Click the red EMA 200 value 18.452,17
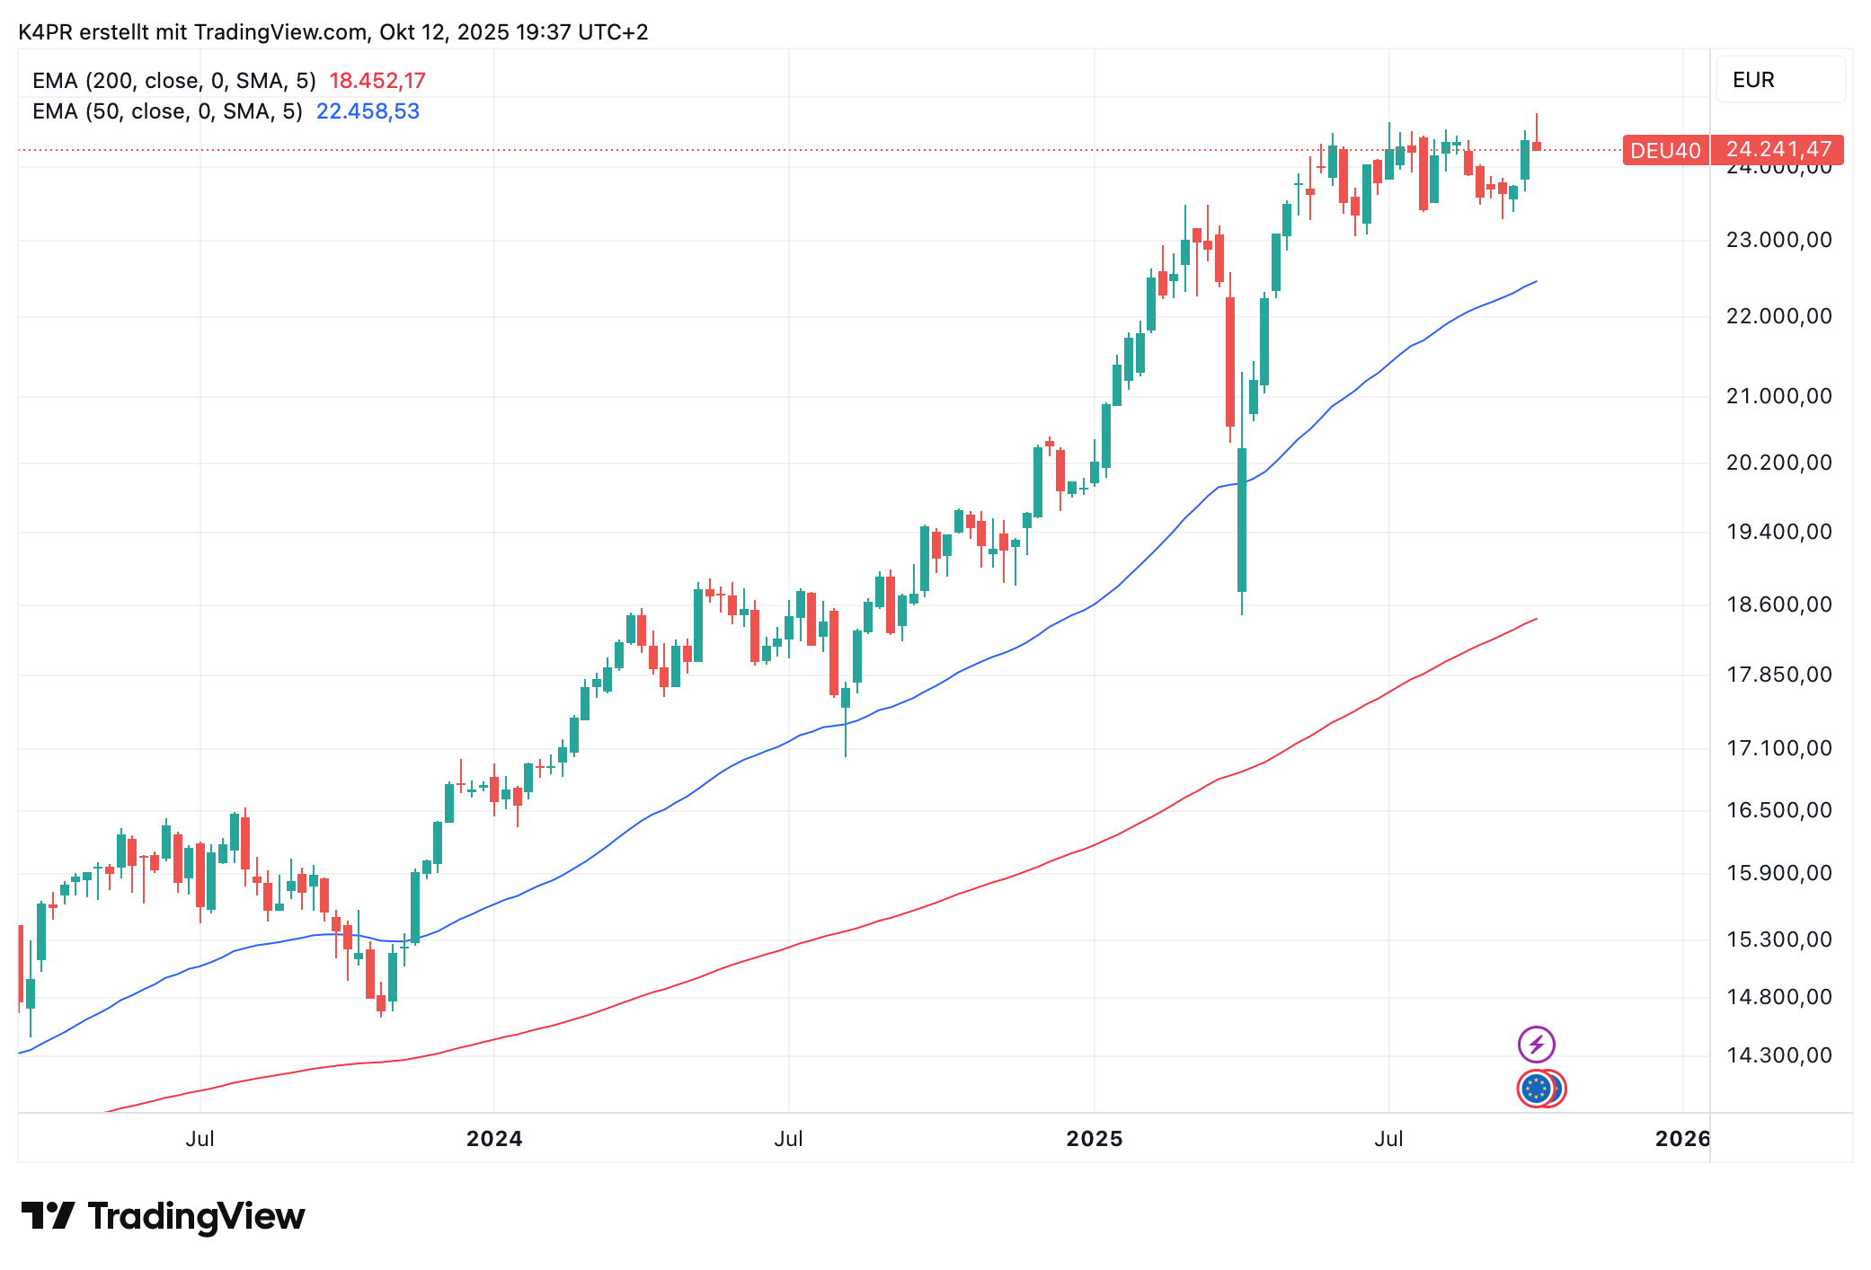(377, 81)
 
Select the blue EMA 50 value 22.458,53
(368, 111)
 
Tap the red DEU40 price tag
(1665, 150)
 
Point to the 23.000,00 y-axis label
(1778, 240)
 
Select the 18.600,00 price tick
(1778, 604)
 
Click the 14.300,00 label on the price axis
(1778, 1055)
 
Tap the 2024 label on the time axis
(494, 1139)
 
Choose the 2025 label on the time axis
(1094, 1139)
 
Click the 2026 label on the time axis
(1681, 1139)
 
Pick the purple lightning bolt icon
(1536, 1045)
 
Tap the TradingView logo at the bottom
(164, 1217)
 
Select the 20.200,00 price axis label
(1778, 463)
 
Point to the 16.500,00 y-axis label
(1778, 810)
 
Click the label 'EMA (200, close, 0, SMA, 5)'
(174, 81)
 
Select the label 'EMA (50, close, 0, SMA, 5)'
(167, 111)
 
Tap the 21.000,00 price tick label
(1778, 396)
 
